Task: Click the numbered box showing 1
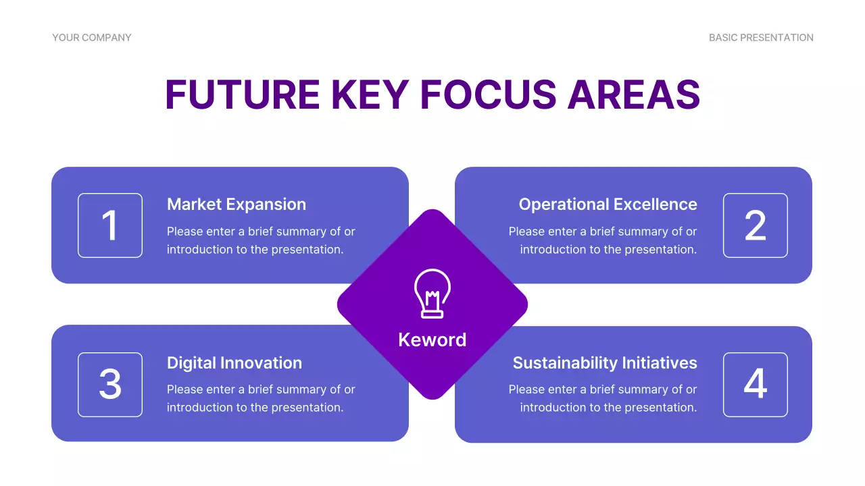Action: pos(110,225)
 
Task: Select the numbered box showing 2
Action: pos(755,225)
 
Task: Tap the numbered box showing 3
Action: pos(110,385)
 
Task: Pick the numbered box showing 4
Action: pos(755,385)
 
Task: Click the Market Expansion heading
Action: pos(236,205)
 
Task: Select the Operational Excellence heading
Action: pos(608,205)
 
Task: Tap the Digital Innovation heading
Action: pos(234,363)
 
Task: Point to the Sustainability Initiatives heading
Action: pos(604,363)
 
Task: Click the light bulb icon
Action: pos(432,293)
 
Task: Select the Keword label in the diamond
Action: pos(432,340)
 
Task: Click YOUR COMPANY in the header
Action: pos(92,38)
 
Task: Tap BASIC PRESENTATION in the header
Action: pos(761,38)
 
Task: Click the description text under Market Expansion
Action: pos(260,240)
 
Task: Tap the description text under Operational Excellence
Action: pos(603,240)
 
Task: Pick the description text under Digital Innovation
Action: pos(260,398)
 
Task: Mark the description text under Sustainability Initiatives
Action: pos(603,398)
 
